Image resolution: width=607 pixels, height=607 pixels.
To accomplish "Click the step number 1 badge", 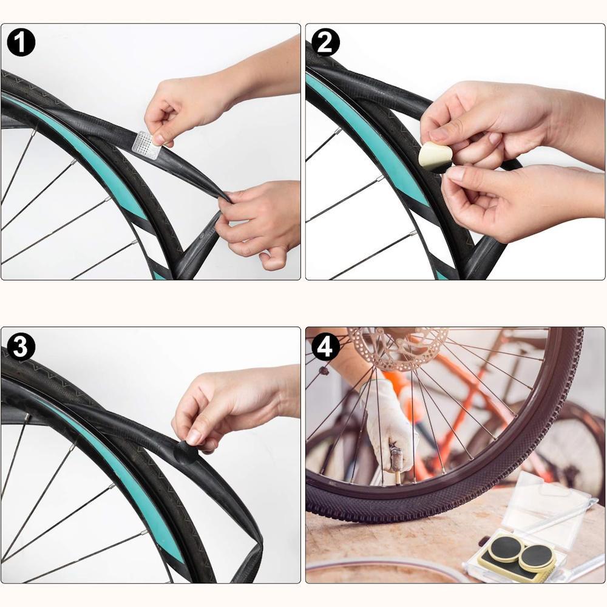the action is click(21, 42).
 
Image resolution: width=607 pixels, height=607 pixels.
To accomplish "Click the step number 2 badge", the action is click(325, 42).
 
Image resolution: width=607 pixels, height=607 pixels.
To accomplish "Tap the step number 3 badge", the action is click(21, 347).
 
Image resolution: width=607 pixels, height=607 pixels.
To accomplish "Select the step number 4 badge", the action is click(325, 347).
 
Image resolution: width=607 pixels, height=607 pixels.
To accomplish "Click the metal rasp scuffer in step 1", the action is click(146, 145).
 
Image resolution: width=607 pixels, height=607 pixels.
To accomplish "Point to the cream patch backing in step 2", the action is click(433, 156).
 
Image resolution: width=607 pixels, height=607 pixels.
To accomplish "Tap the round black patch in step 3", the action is click(185, 452).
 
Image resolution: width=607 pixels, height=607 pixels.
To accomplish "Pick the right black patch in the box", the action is click(535, 557).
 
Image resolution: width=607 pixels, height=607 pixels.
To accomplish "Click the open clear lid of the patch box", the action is click(550, 503).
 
